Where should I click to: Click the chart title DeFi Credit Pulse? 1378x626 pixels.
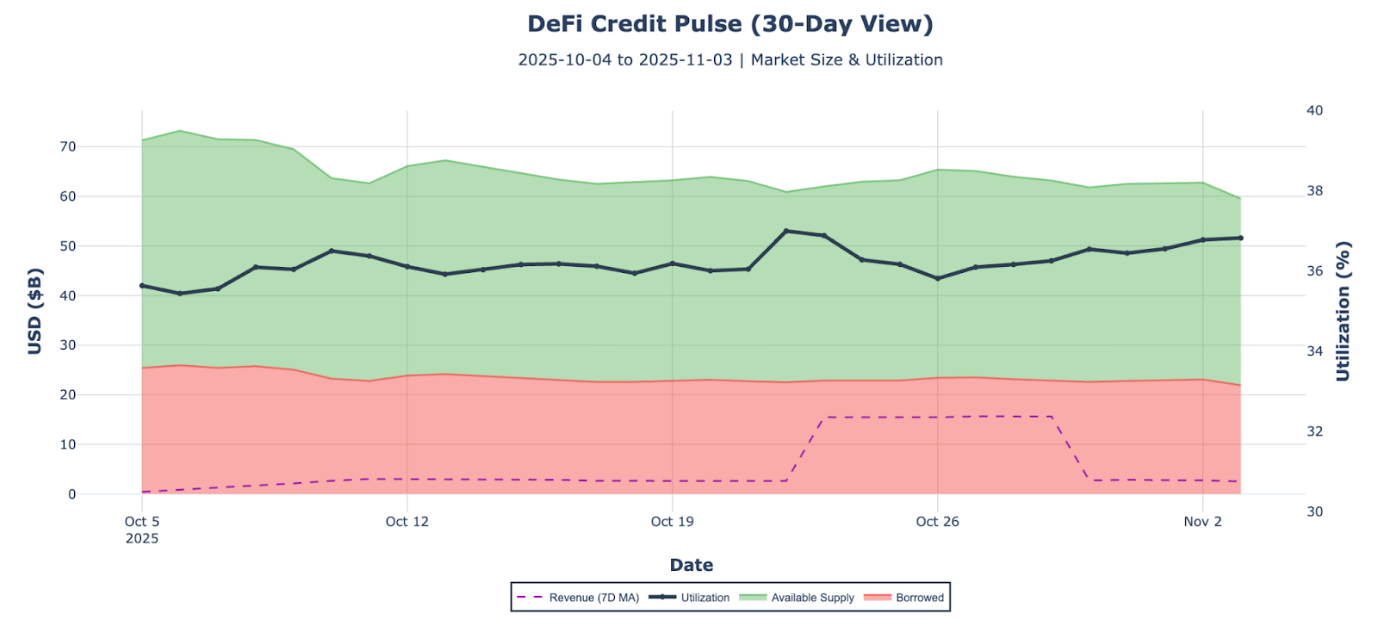point(729,24)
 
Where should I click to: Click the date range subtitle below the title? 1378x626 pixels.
point(729,60)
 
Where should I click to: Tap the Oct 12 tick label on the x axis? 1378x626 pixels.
point(407,522)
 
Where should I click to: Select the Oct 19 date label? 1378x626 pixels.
point(673,522)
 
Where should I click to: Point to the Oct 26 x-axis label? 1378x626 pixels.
point(937,522)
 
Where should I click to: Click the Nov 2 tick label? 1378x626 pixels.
point(1202,522)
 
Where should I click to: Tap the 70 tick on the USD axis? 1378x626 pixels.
point(67,147)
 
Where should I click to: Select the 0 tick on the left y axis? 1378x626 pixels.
point(71,494)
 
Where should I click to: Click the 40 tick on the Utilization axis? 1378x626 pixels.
point(1314,111)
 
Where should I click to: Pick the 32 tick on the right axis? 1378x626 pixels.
point(1314,431)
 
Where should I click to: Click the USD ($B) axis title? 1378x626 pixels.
point(34,312)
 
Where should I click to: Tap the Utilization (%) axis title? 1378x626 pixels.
point(1343,312)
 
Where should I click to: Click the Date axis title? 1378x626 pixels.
point(691,566)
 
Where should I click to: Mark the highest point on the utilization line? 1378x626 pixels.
point(785,231)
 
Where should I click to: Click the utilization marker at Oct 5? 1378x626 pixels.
point(142,286)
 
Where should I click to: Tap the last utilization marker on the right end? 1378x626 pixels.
point(1240,238)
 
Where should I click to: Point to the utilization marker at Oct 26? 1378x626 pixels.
point(937,278)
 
